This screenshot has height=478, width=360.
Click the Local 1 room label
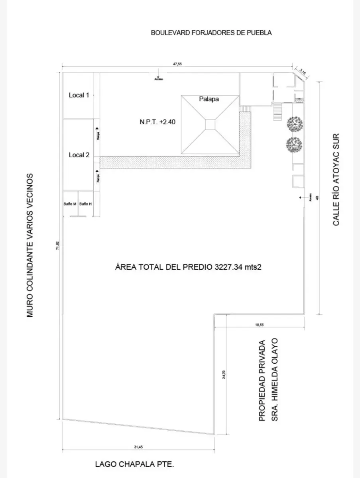coord(79,95)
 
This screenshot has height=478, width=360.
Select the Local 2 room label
coord(79,155)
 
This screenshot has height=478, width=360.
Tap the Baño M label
coord(70,204)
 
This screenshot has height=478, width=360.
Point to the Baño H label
coord(85,204)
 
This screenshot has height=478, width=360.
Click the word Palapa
coord(209,99)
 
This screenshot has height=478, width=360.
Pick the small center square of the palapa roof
coord(210,124)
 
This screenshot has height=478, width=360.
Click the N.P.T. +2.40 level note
coord(155,122)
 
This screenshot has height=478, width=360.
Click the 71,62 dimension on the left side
coord(58,246)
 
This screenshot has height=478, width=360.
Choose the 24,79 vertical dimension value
coord(224,375)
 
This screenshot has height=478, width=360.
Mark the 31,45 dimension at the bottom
coord(138,447)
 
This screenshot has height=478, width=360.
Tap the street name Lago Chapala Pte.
coord(135,464)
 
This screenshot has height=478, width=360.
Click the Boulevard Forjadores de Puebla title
coord(211,33)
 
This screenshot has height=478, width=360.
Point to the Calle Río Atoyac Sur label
coord(336,179)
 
